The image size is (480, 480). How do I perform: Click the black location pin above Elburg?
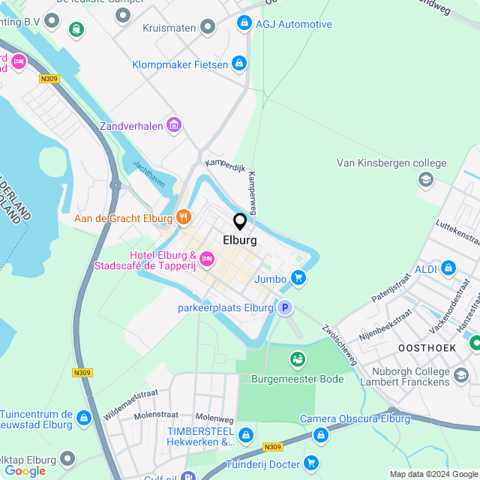(x=240, y=221)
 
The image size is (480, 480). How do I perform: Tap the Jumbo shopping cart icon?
(x=298, y=279)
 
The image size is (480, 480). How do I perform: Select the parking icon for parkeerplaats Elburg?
(x=284, y=307)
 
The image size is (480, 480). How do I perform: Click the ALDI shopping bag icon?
(x=448, y=268)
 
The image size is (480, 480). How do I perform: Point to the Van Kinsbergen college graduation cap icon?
(x=426, y=180)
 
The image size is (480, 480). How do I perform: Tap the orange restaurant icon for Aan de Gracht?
(x=184, y=218)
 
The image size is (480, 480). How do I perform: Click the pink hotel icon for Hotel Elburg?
(x=206, y=259)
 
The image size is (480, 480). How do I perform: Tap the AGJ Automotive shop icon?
(x=244, y=24)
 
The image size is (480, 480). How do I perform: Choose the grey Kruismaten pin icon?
(x=208, y=28)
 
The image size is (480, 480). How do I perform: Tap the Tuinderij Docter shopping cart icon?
(x=310, y=463)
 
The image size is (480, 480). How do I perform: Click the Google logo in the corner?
(x=25, y=470)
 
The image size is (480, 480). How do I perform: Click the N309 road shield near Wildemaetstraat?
(x=83, y=372)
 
